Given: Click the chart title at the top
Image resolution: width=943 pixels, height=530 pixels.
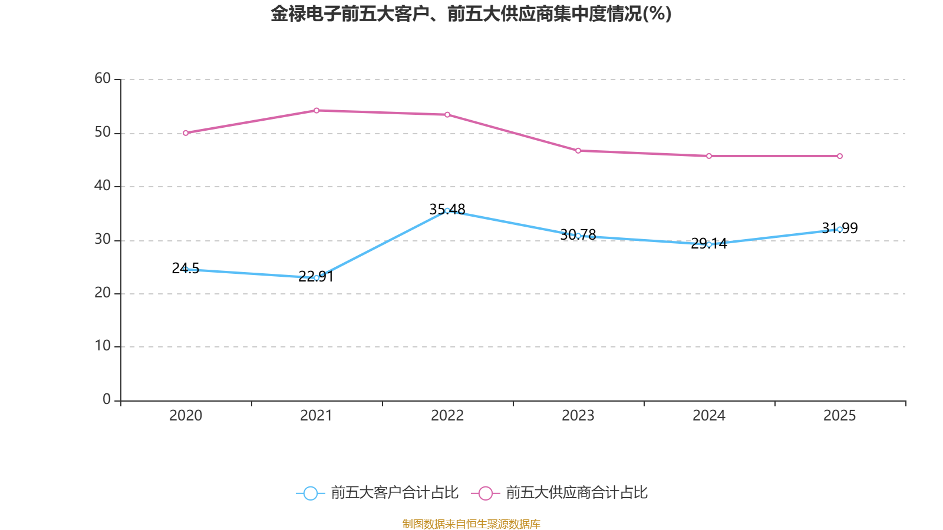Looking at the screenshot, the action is [471, 14].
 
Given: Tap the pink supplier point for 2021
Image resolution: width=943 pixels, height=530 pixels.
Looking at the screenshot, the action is [316, 111].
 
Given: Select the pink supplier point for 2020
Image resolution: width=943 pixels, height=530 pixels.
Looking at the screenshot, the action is [186, 133].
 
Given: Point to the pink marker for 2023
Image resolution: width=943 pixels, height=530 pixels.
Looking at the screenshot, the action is [578, 151].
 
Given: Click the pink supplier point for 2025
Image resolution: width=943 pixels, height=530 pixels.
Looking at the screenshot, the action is [840, 156].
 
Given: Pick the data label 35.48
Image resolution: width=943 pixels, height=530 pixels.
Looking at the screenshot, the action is [447, 209].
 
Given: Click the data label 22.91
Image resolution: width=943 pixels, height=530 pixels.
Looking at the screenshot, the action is [316, 276].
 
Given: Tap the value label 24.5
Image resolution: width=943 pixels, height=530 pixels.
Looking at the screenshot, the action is [186, 268].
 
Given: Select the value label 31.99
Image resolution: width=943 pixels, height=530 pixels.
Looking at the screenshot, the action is [840, 228].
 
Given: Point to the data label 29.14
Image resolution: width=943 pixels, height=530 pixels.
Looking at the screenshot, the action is [709, 243].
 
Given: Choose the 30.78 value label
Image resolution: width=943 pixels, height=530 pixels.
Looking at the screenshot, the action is [578, 235].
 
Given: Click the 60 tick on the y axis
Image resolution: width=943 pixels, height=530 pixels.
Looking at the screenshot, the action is [103, 78].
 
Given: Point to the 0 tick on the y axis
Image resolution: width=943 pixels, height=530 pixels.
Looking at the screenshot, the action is [107, 399].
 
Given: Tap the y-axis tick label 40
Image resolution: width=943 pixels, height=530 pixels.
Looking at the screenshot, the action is [103, 185].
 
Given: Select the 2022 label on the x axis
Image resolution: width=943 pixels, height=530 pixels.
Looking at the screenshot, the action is [447, 416].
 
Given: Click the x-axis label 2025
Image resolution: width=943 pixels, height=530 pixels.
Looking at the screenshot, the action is [840, 416].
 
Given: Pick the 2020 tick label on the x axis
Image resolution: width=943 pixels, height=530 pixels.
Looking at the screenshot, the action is [186, 416].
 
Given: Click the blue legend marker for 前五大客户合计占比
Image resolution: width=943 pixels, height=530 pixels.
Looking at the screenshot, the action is [311, 493].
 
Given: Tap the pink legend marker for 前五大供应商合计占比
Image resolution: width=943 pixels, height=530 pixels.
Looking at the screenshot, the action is [486, 493].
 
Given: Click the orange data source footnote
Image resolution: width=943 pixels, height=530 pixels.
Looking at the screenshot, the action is [471, 524].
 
